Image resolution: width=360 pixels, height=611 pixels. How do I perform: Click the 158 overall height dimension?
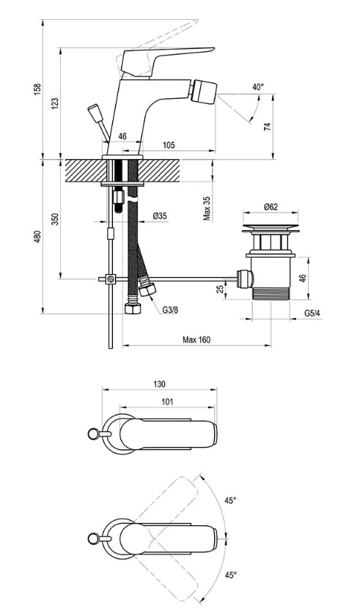coord(37,90)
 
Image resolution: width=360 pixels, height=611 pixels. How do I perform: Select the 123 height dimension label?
coord(55,103)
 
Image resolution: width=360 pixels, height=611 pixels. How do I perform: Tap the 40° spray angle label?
coord(258,87)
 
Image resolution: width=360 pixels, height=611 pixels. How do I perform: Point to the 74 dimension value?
coord(267,126)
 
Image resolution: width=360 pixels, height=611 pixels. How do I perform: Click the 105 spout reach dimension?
coord(169,145)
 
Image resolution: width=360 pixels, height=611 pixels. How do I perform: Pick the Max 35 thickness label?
coord(207,209)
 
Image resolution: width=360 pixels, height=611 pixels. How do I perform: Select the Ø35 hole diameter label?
coord(160,215)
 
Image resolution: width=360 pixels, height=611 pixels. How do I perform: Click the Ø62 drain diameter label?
coord(271,207)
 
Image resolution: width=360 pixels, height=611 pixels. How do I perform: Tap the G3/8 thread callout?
coord(170,310)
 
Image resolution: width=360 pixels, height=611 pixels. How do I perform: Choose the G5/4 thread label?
coord(313,313)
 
